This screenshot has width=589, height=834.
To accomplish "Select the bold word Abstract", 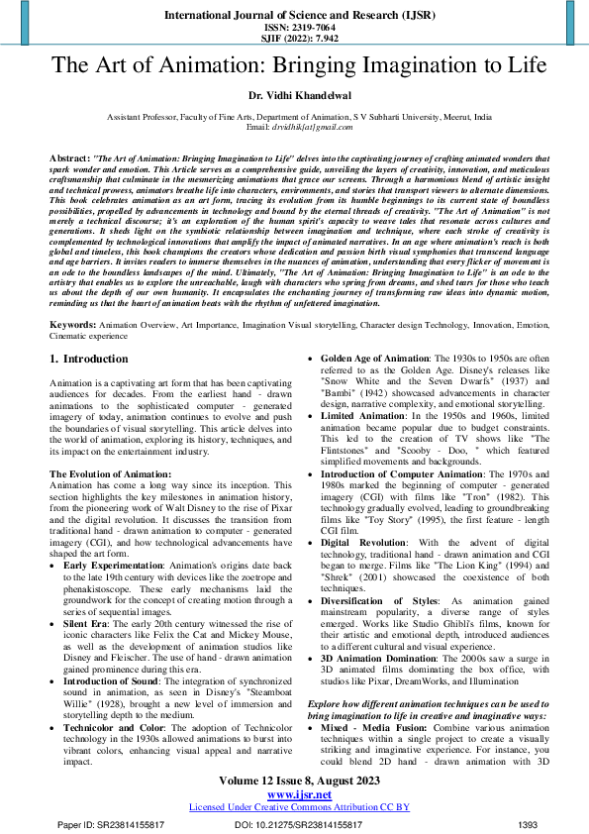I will click(x=70, y=158).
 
